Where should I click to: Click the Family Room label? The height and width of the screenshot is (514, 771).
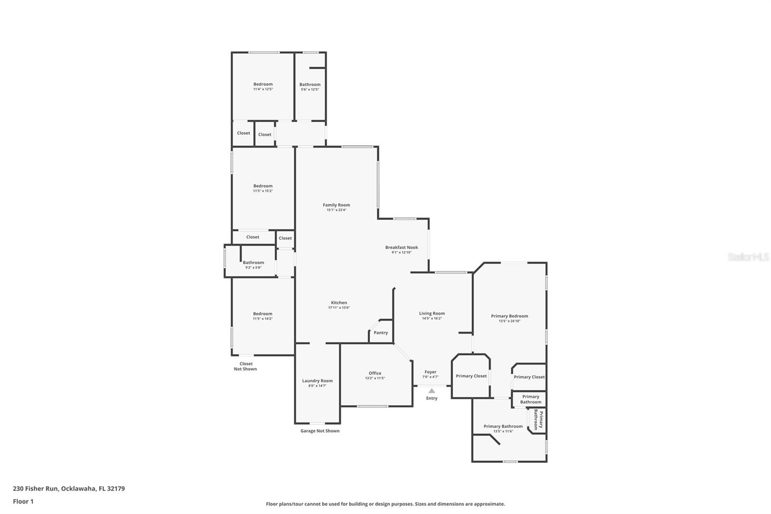pyautogui.click(x=336, y=205)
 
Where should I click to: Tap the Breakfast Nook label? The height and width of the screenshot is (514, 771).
pyautogui.click(x=401, y=247)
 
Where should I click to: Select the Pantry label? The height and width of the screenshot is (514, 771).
pyautogui.click(x=381, y=333)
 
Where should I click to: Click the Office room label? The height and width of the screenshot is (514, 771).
pyautogui.click(x=375, y=373)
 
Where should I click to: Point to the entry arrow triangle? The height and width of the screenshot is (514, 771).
pyautogui.click(x=432, y=391)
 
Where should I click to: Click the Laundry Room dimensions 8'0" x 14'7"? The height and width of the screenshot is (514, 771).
pyautogui.click(x=317, y=386)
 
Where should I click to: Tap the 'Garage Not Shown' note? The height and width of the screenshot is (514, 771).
pyautogui.click(x=320, y=431)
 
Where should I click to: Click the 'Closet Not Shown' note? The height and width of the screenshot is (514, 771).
pyautogui.click(x=246, y=366)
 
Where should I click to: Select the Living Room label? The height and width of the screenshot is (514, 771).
pyautogui.click(x=432, y=313)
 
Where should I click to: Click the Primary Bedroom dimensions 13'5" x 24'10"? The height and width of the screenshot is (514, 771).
pyautogui.click(x=509, y=321)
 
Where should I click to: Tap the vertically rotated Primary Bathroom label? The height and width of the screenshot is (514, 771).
pyautogui.click(x=538, y=419)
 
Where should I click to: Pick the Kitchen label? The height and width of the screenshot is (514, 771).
pyautogui.click(x=339, y=303)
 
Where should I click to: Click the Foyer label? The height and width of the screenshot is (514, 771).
pyautogui.click(x=430, y=372)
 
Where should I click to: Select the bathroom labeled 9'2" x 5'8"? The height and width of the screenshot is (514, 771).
pyautogui.click(x=253, y=265)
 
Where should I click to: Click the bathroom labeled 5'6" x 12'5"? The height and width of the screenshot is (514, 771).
pyautogui.click(x=310, y=87)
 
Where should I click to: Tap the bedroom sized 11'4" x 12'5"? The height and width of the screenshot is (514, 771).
pyautogui.click(x=263, y=86)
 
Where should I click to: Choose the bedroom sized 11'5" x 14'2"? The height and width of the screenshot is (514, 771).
pyautogui.click(x=263, y=316)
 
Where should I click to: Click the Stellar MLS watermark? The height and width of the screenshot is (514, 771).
pyautogui.click(x=748, y=257)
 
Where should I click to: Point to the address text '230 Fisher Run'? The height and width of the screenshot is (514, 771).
pyautogui.click(x=36, y=488)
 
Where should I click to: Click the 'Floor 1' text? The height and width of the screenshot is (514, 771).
pyautogui.click(x=23, y=501)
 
